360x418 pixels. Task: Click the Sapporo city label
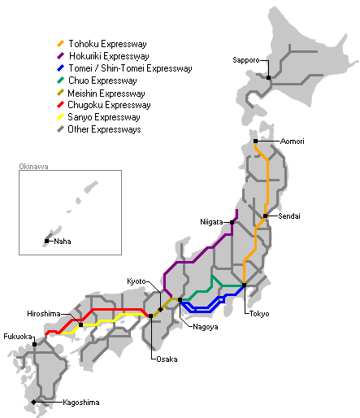245,60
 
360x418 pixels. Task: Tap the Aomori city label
293,142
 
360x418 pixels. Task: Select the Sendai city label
289,216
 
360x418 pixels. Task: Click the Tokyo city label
259,314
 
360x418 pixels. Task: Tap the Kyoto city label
137,281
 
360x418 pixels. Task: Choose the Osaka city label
165,358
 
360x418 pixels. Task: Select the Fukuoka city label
17,336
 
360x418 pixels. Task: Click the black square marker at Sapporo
268,77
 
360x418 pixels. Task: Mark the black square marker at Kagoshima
33,403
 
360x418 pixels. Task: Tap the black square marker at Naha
46,241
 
